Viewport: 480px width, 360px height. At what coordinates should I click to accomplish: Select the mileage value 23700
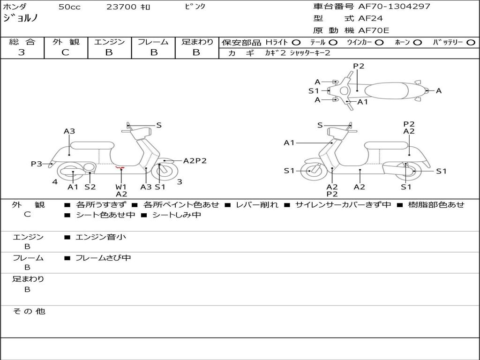tap(121, 7)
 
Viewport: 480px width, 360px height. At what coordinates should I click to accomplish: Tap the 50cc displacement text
tap(69, 7)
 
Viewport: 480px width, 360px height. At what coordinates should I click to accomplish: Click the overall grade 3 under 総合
tap(22, 52)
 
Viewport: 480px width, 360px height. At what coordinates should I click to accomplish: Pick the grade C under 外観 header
tap(65, 52)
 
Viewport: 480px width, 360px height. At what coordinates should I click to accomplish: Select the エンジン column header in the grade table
tap(109, 42)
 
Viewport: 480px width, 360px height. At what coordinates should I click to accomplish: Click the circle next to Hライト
tap(296, 43)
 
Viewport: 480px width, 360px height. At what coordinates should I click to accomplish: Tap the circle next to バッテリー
tap(471, 43)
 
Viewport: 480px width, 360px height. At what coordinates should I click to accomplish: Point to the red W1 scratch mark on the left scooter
tap(120, 167)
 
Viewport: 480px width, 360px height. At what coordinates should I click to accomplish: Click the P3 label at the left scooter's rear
tap(37, 164)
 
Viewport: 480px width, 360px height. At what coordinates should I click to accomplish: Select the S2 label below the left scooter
tap(90, 187)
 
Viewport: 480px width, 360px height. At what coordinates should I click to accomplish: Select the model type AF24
tap(370, 18)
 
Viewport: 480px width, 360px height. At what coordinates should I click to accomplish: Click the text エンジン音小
tap(101, 237)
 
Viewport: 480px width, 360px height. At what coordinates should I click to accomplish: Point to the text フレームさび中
tap(103, 258)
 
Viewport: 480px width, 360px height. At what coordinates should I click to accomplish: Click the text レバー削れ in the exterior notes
tap(257, 204)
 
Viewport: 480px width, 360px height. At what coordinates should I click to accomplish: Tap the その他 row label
tap(29, 311)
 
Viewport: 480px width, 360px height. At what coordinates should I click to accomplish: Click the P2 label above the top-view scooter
tap(359, 66)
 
